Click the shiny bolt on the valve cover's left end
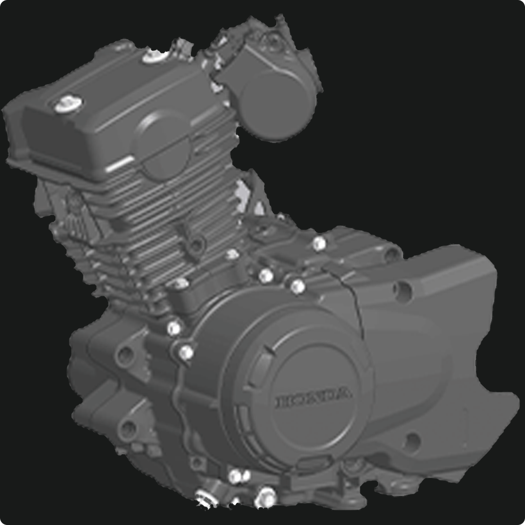click(x=69, y=104)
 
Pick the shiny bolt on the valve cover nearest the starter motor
click(x=155, y=55)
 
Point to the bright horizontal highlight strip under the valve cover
click(x=120, y=164)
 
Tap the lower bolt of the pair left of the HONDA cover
click(x=186, y=352)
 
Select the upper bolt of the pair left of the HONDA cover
click(x=174, y=328)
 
